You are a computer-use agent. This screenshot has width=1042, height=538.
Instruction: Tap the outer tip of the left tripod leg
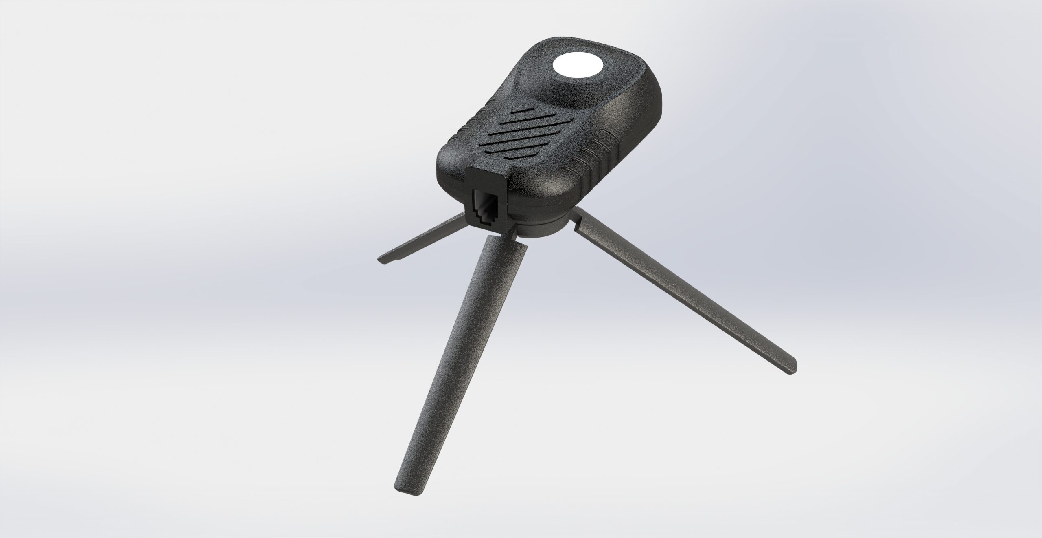pyautogui.click(x=383, y=261)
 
